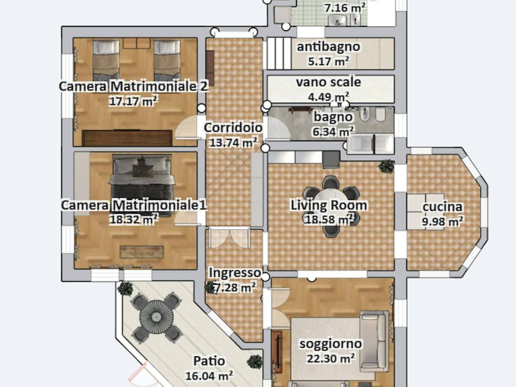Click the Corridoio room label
click(x=233, y=128)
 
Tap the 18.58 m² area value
click(x=329, y=219)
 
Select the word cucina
click(x=442, y=207)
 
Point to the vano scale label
click(x=329, y=82)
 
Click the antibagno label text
click(x=329, y=47)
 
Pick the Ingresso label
click(x=234, y=273)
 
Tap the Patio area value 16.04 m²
click(x=209, y=375)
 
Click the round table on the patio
click(x=156, y=316)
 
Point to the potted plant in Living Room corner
click(x=387, y=166)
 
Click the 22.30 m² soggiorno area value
click(x=330, y=358)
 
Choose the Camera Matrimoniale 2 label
click(x=133, y=86)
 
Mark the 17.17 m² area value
click(x=133, y=101)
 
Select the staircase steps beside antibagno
click(x=279, y=53)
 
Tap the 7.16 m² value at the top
click(x=345, y=8)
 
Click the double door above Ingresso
click(x=229, y=237)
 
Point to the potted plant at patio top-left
click(x=125, y=289)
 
